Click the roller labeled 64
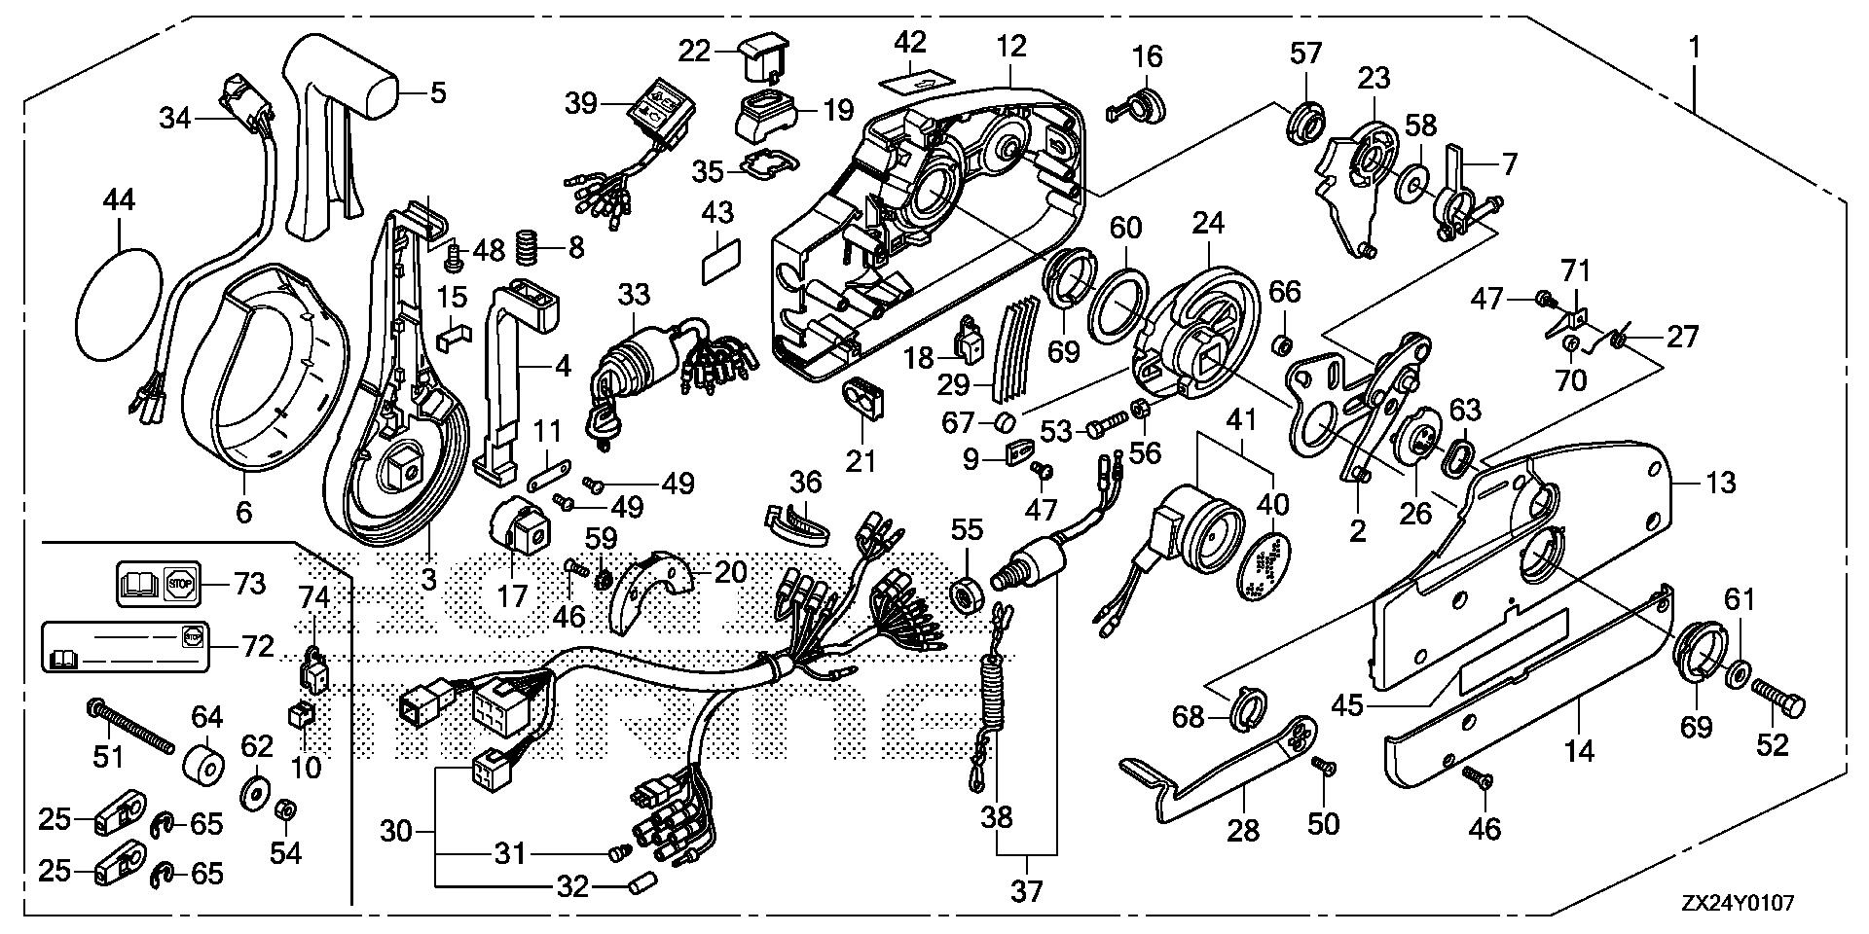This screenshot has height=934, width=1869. pos(205,759)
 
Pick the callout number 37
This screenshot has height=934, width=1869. pos(1026,892)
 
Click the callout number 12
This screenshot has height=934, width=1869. pos(1011,45)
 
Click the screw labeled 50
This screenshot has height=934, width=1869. pos(1325,768)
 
